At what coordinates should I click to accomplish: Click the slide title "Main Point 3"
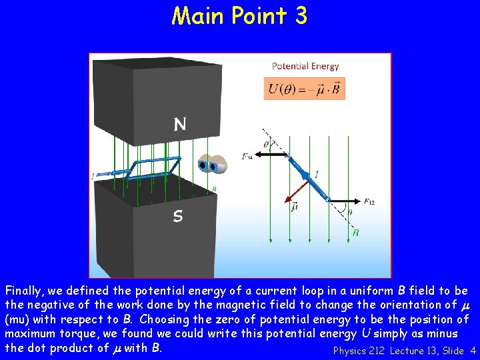coord(239,15)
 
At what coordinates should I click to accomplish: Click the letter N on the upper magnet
coord(180,124)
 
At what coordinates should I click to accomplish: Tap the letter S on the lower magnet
coord(178,216)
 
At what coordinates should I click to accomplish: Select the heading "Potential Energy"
coord(305,66)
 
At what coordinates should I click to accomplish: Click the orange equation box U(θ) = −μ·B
coord(304,89)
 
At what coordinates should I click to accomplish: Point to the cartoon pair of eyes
coord(211,165)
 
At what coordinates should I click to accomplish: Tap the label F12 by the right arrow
coord(369,201)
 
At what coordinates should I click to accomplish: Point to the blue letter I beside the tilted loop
coord(317,174)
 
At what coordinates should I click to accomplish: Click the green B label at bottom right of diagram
coord(355,233)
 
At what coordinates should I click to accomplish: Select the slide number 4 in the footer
coord(473,351)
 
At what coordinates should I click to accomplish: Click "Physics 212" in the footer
coord(359,351)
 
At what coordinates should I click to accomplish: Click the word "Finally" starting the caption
coord(24,291)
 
